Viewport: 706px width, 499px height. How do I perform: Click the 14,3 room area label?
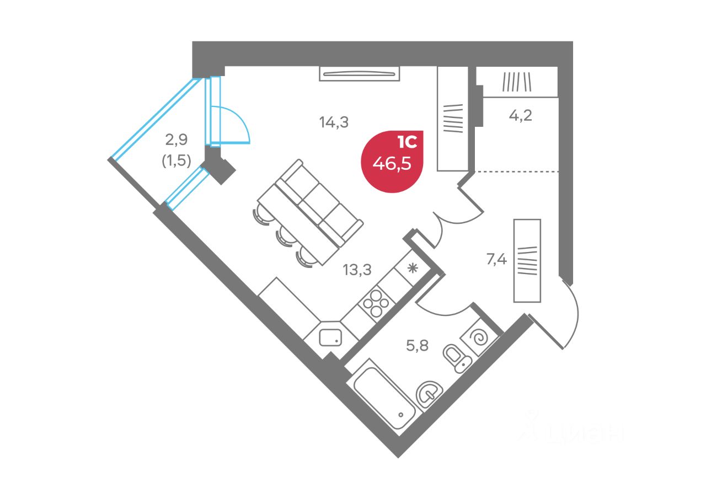pyautogui.click(x=334, y=122)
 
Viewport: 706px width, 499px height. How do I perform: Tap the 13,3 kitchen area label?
pyautogui.click(x=357, y=270)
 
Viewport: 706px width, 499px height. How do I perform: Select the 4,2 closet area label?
pyautogui.click(x=520, y=116)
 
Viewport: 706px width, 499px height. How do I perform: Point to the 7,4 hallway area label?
pyautogui.click(x=496, y=259)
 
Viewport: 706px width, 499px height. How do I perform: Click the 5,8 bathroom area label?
pyautogui.click(x=418, y=346)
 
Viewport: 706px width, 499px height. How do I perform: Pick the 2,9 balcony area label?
pyautogui.click(x=176, y=139)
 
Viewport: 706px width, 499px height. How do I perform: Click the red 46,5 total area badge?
pyautogui.click(x=392, y=162)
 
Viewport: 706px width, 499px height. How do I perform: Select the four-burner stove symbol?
pyautogui.click(x=376, y=303)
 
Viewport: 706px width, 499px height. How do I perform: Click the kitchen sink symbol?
pyautogui.click(x=330, y=337)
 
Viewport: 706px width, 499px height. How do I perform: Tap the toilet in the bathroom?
pyautogui.click(x=457, y=358)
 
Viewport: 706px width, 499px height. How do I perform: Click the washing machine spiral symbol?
pyautogui.click(x=479, y=337)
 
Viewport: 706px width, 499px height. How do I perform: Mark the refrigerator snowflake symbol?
pyautogui.click(x=412, y=268)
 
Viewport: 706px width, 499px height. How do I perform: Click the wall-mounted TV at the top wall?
pyautogui.click(x=359, y=74)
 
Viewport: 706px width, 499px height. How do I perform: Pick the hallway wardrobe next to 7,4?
pyautogui.click(x=527, y=261)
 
